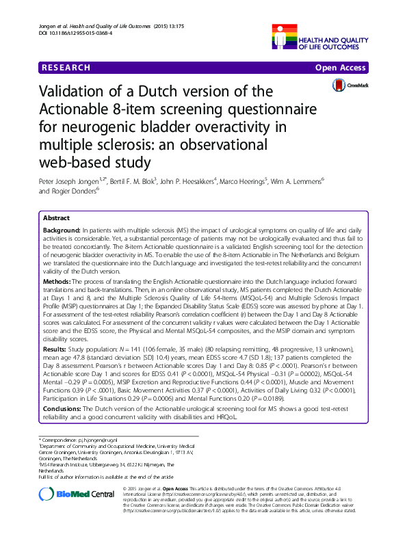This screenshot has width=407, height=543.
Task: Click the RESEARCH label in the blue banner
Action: (x=66, y=68)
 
